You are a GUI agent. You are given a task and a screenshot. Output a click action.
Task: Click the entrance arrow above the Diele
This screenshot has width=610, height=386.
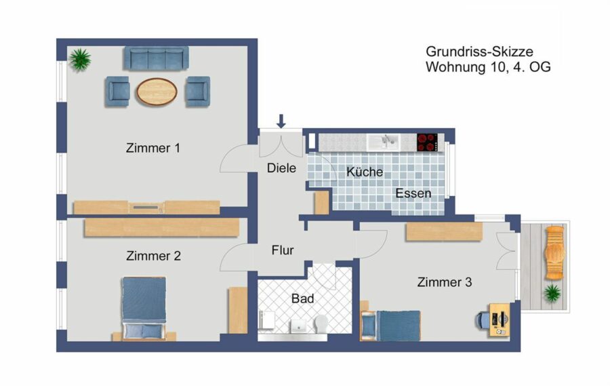[x=281, y=121]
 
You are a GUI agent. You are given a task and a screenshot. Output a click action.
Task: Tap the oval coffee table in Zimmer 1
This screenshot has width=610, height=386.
[x=157, y=92]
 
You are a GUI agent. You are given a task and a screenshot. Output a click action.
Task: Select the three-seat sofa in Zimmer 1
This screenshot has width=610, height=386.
[x=157, y=58]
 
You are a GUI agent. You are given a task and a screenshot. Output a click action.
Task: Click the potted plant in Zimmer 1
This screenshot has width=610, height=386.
[x=80, y=60]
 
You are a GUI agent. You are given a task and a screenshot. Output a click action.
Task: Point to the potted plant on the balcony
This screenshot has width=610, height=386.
[x=552, y=292]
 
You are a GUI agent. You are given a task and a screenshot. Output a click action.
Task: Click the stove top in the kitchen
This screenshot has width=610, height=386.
[x=427, y=142]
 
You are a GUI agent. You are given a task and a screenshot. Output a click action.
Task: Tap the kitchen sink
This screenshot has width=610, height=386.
[x=383, y=142]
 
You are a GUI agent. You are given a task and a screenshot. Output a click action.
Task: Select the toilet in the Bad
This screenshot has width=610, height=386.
[x=321, y=324]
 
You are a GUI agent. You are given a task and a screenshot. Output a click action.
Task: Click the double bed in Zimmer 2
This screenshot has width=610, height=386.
[x=144, y=308]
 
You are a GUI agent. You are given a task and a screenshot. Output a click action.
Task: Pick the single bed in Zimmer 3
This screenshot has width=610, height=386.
[x=391, y=325]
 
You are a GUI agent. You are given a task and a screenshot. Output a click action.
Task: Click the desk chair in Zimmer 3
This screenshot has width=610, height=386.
[x=483, y=321]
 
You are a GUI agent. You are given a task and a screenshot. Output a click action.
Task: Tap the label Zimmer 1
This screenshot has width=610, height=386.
[x=153, y=148]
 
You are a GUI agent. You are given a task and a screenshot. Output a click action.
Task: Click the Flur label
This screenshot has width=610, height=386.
[x=283, y=250]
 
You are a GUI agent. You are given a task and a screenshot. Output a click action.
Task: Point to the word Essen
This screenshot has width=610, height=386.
[x=413, y=193]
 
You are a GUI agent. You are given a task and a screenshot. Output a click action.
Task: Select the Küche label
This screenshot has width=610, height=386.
[x=365, y=172]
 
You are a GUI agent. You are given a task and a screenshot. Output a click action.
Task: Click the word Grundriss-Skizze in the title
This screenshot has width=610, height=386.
[x=479, y=52]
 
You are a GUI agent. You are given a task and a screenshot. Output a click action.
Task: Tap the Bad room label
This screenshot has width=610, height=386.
[x=303, y=298]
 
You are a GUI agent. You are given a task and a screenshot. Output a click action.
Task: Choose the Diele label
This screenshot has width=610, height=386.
[x=281, y=168]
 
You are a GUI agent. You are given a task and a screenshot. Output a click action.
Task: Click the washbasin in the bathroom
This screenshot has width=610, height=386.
[x=298, y=326]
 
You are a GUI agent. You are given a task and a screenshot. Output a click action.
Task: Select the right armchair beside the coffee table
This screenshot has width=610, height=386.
[x=197, y=91]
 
